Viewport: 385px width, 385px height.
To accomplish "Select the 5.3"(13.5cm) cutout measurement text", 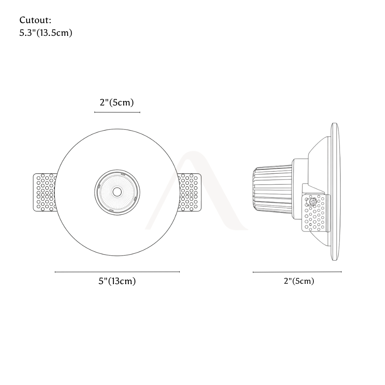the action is [46, 33].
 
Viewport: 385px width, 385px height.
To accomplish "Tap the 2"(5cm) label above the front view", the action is [117, 102].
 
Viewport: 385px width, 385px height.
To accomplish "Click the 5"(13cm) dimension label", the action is [117, 281].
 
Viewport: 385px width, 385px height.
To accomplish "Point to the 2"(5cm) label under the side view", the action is [299, 281].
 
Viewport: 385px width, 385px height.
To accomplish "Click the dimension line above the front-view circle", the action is [117, 112].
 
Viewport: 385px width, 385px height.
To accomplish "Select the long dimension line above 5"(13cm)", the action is [117, 272].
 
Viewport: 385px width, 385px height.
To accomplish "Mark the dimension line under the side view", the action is [297, 272].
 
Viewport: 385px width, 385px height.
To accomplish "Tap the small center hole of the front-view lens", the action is [117, 192].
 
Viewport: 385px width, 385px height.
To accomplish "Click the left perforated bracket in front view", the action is [45, 192].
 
